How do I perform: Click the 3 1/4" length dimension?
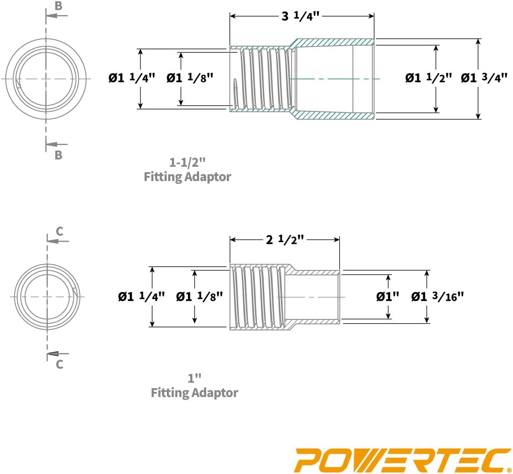[300, 16]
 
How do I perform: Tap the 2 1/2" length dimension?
[285, 240]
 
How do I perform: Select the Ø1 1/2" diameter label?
[428, 78]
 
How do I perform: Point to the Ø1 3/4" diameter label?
[484, 78]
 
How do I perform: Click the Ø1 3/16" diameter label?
[437, 297]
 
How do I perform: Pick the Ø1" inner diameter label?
[388, 297]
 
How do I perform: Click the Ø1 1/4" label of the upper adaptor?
[132, 78]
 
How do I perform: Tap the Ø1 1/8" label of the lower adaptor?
[199, 297]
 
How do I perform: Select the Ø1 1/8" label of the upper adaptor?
[190, 78]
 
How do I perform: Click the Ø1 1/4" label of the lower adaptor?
[141, 297]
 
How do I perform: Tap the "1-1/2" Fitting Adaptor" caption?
[187, 170]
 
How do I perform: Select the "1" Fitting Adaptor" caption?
[194, 386]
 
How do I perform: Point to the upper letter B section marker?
[58, 6]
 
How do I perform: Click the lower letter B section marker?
[58, 155]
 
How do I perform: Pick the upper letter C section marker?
[59, 231]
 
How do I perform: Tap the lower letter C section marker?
[59, 364]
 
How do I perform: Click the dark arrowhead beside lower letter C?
[53, 353]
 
